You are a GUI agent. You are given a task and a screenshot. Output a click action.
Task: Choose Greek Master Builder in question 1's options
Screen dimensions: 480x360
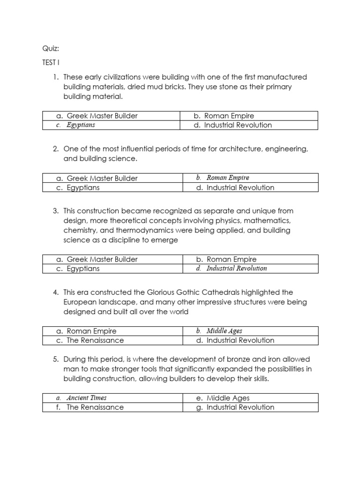point(102,116)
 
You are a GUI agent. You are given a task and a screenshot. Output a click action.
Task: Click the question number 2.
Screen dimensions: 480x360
point(55,149)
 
